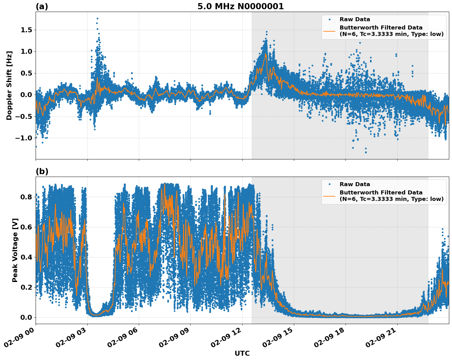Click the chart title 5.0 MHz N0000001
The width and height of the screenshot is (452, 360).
[x=240, y=6]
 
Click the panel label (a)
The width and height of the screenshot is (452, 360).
[x=42, y=6]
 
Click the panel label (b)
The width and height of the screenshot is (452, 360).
[x=42, y=171]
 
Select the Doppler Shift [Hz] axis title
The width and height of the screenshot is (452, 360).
[x=9, y=85]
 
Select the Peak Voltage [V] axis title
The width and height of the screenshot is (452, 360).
[x=15, y=250]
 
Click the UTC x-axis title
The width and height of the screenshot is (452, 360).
[x=242, y=353]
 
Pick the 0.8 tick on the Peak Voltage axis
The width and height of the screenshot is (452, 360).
[x=26, y=197]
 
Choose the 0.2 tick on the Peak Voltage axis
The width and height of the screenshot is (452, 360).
[x=26, y=287]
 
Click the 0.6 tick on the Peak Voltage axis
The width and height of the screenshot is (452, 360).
[x=26, y=227]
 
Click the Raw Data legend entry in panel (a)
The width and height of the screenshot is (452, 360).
[x=355, y=19]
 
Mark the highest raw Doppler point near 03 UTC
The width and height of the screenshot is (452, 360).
[x=97, y=18]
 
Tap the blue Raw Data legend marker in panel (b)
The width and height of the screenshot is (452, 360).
[x=329, y=184]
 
